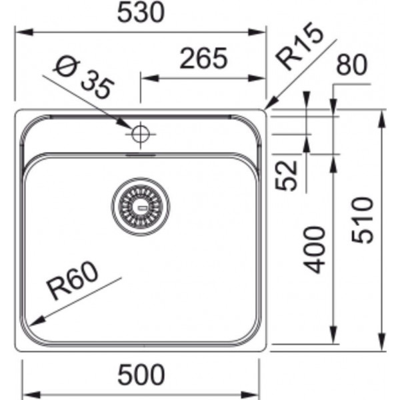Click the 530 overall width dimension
tap(141, 13)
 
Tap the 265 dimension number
tap(203, 59)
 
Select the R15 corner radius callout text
tap(301, 46)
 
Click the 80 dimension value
tap(352, 65)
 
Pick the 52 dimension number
tap(287, 175)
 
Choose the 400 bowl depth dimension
tap(314, 250)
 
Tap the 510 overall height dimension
tap(362, 220)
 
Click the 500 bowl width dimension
tap(141, 375)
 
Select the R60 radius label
tap(73, 281)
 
